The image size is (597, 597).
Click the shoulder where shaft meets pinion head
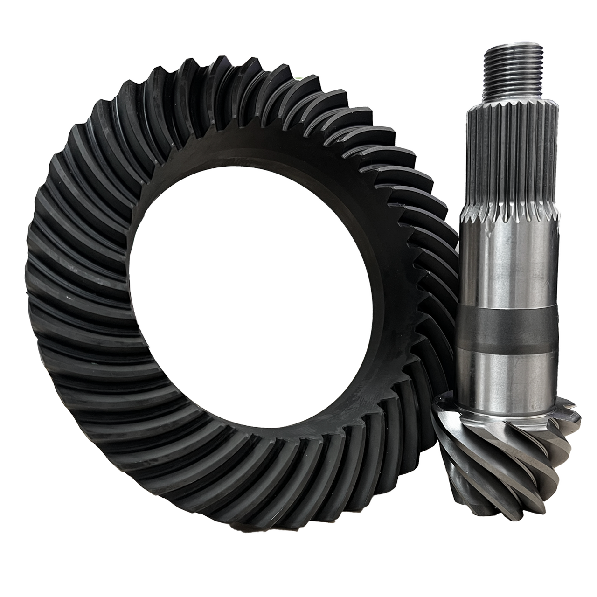coord(508,410)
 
